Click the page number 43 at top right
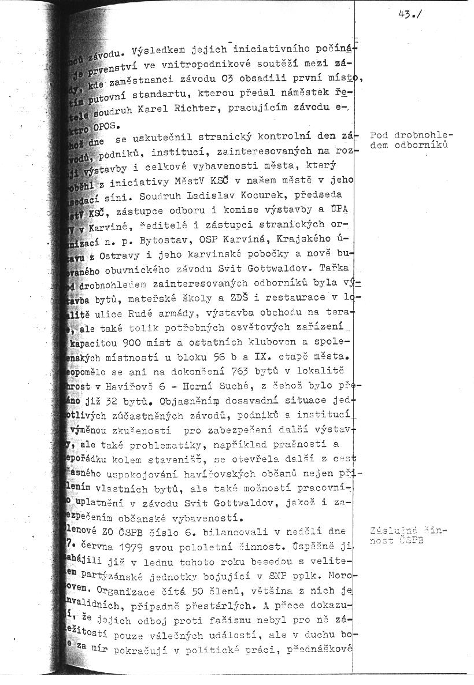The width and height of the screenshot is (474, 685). pos(405,16)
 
